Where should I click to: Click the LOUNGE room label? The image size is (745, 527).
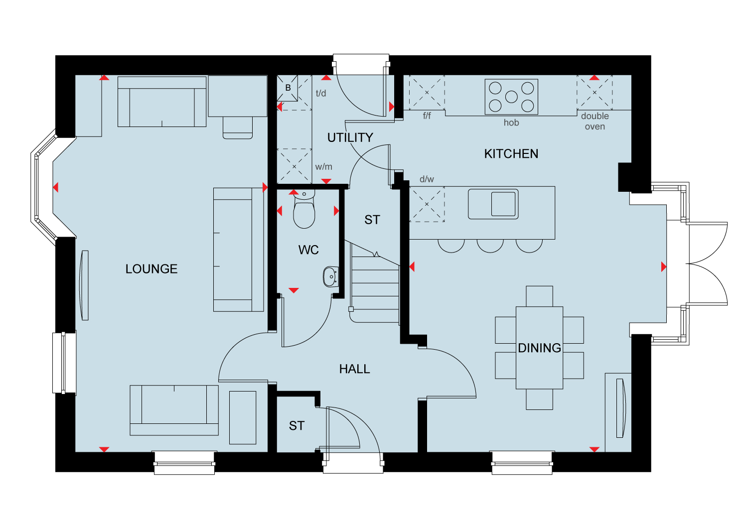pyautogui.click(x=151, y=269)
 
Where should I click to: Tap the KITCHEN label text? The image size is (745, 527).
pyautogui.click(x=511, y=154)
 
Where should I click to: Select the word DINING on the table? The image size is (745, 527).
pyautogui.click(x=539, y=348)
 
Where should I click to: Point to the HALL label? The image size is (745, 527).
pyautogui.click(x=354, y=369)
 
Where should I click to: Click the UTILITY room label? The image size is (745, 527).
pyautogui.click(x=350, y=137)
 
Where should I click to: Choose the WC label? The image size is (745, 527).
pyautogui.click(x=308, y=250)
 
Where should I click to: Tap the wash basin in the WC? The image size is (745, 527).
pyautogui.click(x=330, y=277)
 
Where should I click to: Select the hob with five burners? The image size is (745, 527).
pyautogui.click(x=511, y=97)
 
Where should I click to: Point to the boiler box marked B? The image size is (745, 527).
pyautogui.click(x=288, y=88)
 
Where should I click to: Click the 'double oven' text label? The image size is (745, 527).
pyautogui.click(x=595, y=121)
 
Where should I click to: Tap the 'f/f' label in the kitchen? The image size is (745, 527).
pyautogui.click(x=427, y=116)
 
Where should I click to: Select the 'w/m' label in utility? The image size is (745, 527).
pyautogui.click(x=323, y=167)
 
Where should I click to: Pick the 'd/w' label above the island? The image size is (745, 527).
pyautogui.click(x=427, y=179)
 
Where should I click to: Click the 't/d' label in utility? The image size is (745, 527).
pyautogui.click(x=321, y=93)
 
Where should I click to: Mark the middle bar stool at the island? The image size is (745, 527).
pyautogui.click(x=490, y=245)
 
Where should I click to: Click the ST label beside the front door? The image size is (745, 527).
pyautogui.click(x=297, y=426)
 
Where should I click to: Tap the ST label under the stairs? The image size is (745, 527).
pyautogui.click(x=372, y=220)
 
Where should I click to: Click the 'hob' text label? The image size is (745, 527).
pyautogui.click(x=511, y=123)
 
